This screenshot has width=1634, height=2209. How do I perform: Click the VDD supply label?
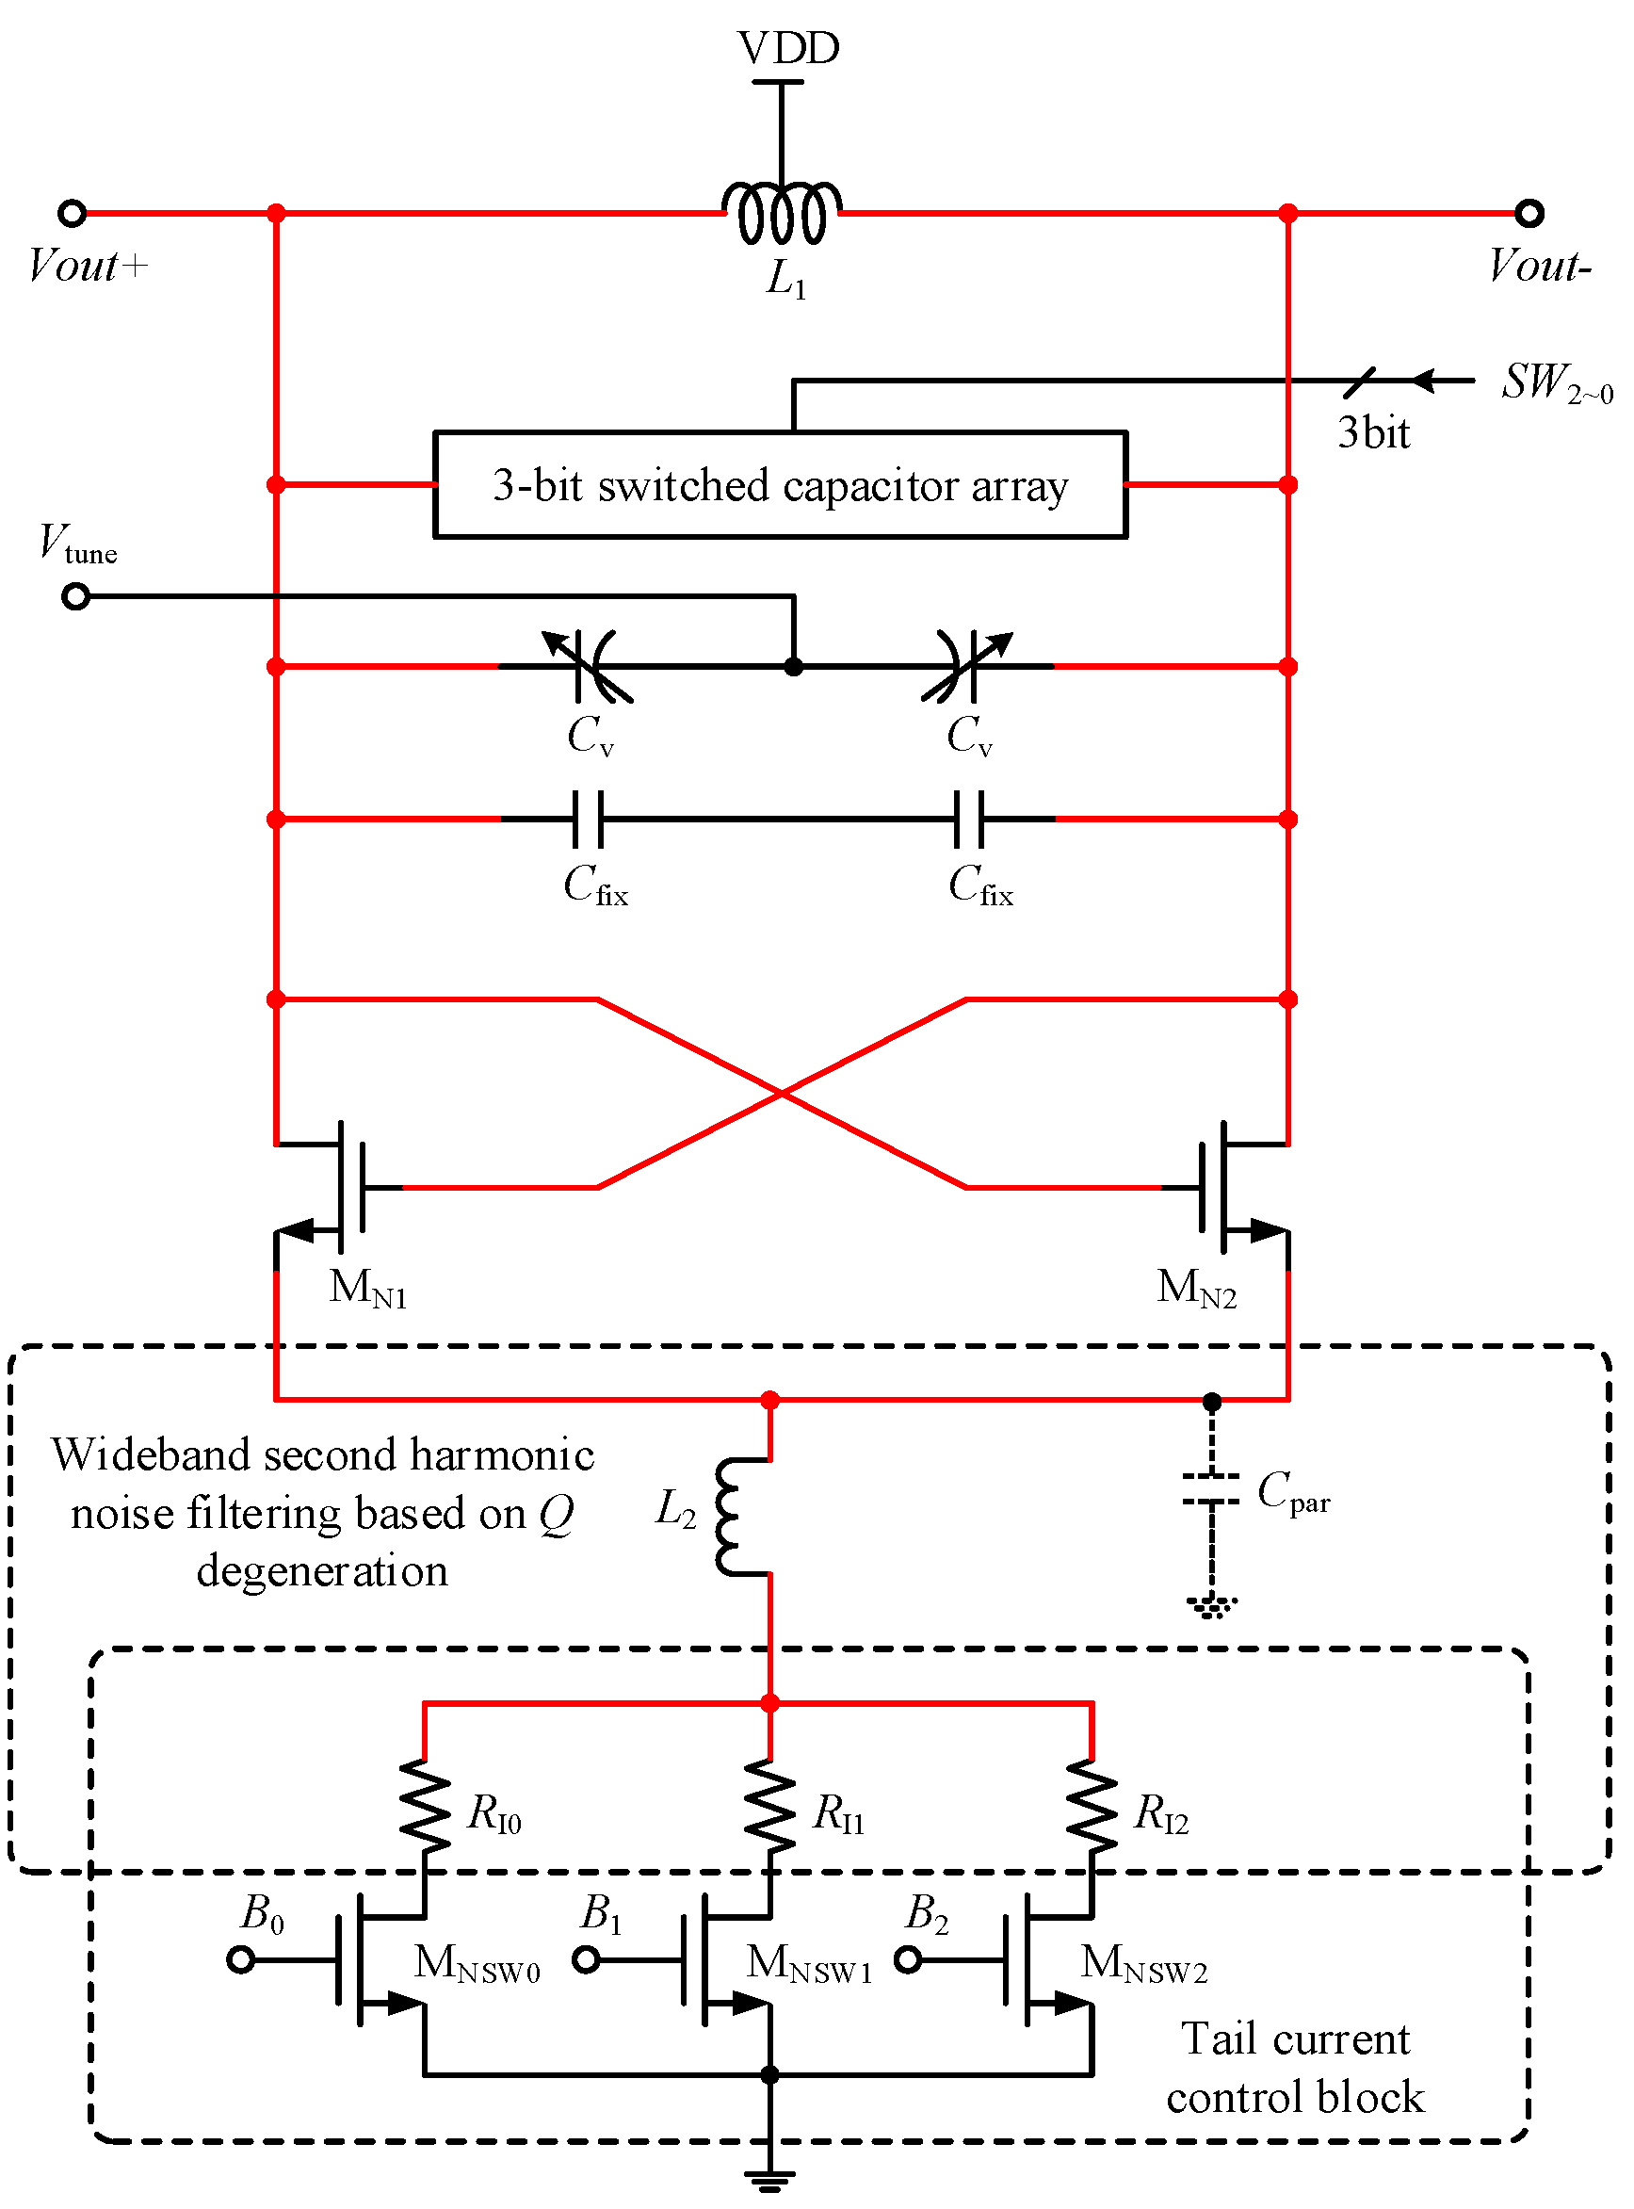pyautogui.click(x=787, y=47)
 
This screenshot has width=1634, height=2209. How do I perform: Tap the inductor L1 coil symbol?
pyautogui.click(x=782, y=212)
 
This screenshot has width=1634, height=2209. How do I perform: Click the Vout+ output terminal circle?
pyautogui.click(x=73, y=213)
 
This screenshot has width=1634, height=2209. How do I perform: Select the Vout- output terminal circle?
pyautogui.click(x=1529, y=213)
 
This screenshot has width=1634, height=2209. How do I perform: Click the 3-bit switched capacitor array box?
pyautogui.click(x=780, y=485)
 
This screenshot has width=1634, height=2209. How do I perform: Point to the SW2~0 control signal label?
pyautogui.click(x=1555, y=382)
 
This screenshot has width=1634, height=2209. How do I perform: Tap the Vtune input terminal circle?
pyautogui.click(x=76, y=596)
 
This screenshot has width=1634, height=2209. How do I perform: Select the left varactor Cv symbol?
pyautogui.click(x=591, y=666)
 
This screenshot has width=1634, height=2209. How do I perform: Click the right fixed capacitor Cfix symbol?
pyautogui.click(x=969, y=820)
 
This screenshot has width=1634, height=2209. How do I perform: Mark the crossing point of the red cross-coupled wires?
pyautogui.click(x=782, y=1093)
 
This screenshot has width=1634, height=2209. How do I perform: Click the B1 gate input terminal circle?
pyautogui.click(x=587, y=1958)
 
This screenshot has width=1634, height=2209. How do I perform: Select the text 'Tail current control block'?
pyautogui.click(x=1295, y=2068)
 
